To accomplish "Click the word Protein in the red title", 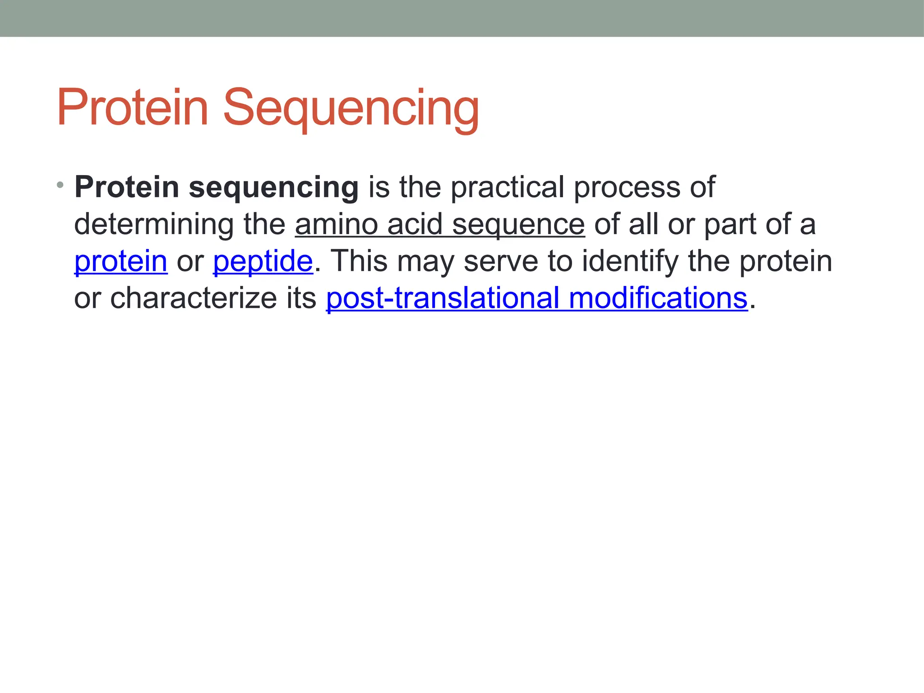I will (x=132, y=108).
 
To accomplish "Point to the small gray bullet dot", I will (x=60, y=185).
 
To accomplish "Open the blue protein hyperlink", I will (x=121, y=261).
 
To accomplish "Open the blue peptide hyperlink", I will (x=263, y=261).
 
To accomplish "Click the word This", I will (x=359, y=261).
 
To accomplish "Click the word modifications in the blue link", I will (x=658, y=298).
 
